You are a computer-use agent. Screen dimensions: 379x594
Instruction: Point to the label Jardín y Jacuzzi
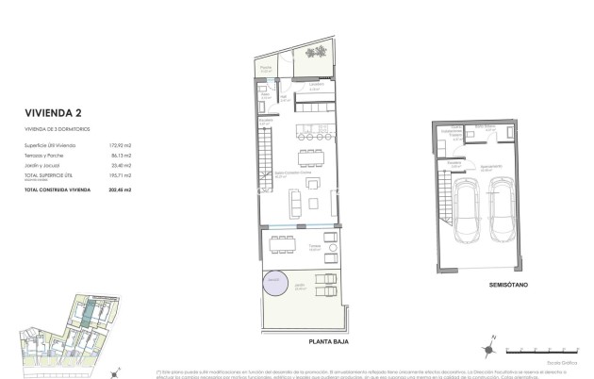pyautogui.click(x=47, y=165)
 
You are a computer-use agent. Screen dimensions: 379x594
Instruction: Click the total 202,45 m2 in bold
pyautogui.click(x=120, y=190)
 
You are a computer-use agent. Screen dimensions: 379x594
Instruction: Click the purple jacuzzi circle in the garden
pyautogui.click(x=273, y=280)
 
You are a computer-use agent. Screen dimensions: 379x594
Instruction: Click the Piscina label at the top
pyautogui.click(x=267, y=68)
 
